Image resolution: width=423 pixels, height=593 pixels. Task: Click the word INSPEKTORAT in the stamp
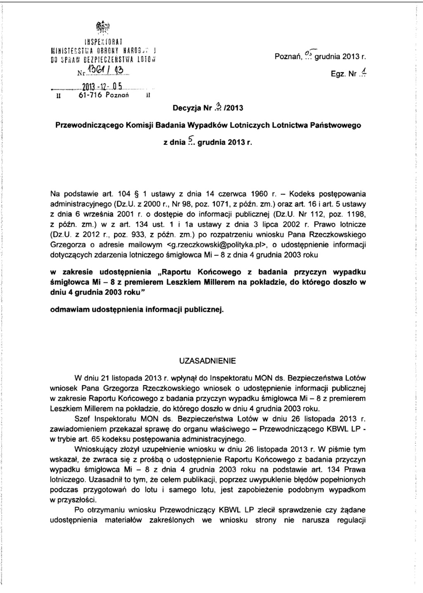pos(101,42)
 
